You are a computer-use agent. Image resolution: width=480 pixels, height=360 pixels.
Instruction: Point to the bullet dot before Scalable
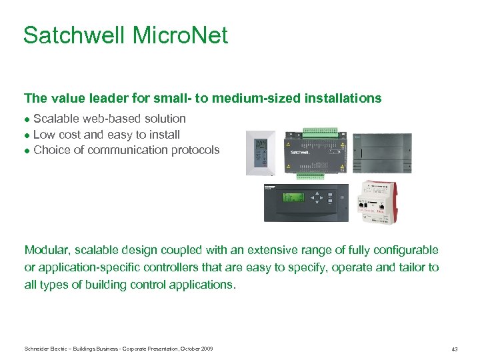point(27,119)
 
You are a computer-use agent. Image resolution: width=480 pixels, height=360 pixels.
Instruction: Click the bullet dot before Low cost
point(27,135)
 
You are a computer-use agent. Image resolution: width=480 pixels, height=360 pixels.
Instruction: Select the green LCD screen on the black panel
point(293,197)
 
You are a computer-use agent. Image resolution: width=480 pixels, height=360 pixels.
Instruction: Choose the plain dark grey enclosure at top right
point(381,151)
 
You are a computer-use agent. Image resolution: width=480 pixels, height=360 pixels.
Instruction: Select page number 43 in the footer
point(454,349)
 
